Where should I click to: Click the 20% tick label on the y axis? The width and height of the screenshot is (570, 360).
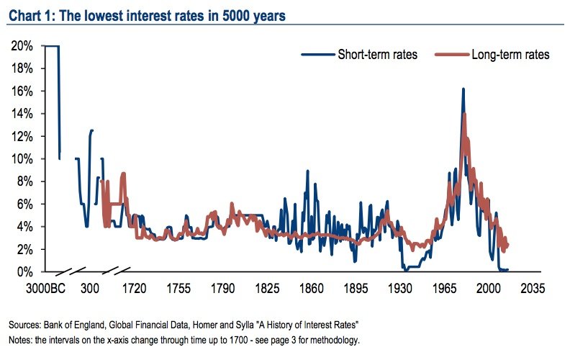pyautogui.click(x=22, y=45)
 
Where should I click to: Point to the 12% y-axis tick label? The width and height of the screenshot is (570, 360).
pyautogui.click(x=22, y=136)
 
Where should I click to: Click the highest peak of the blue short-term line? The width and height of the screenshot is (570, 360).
pyautogui.click(x=463, y=89)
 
